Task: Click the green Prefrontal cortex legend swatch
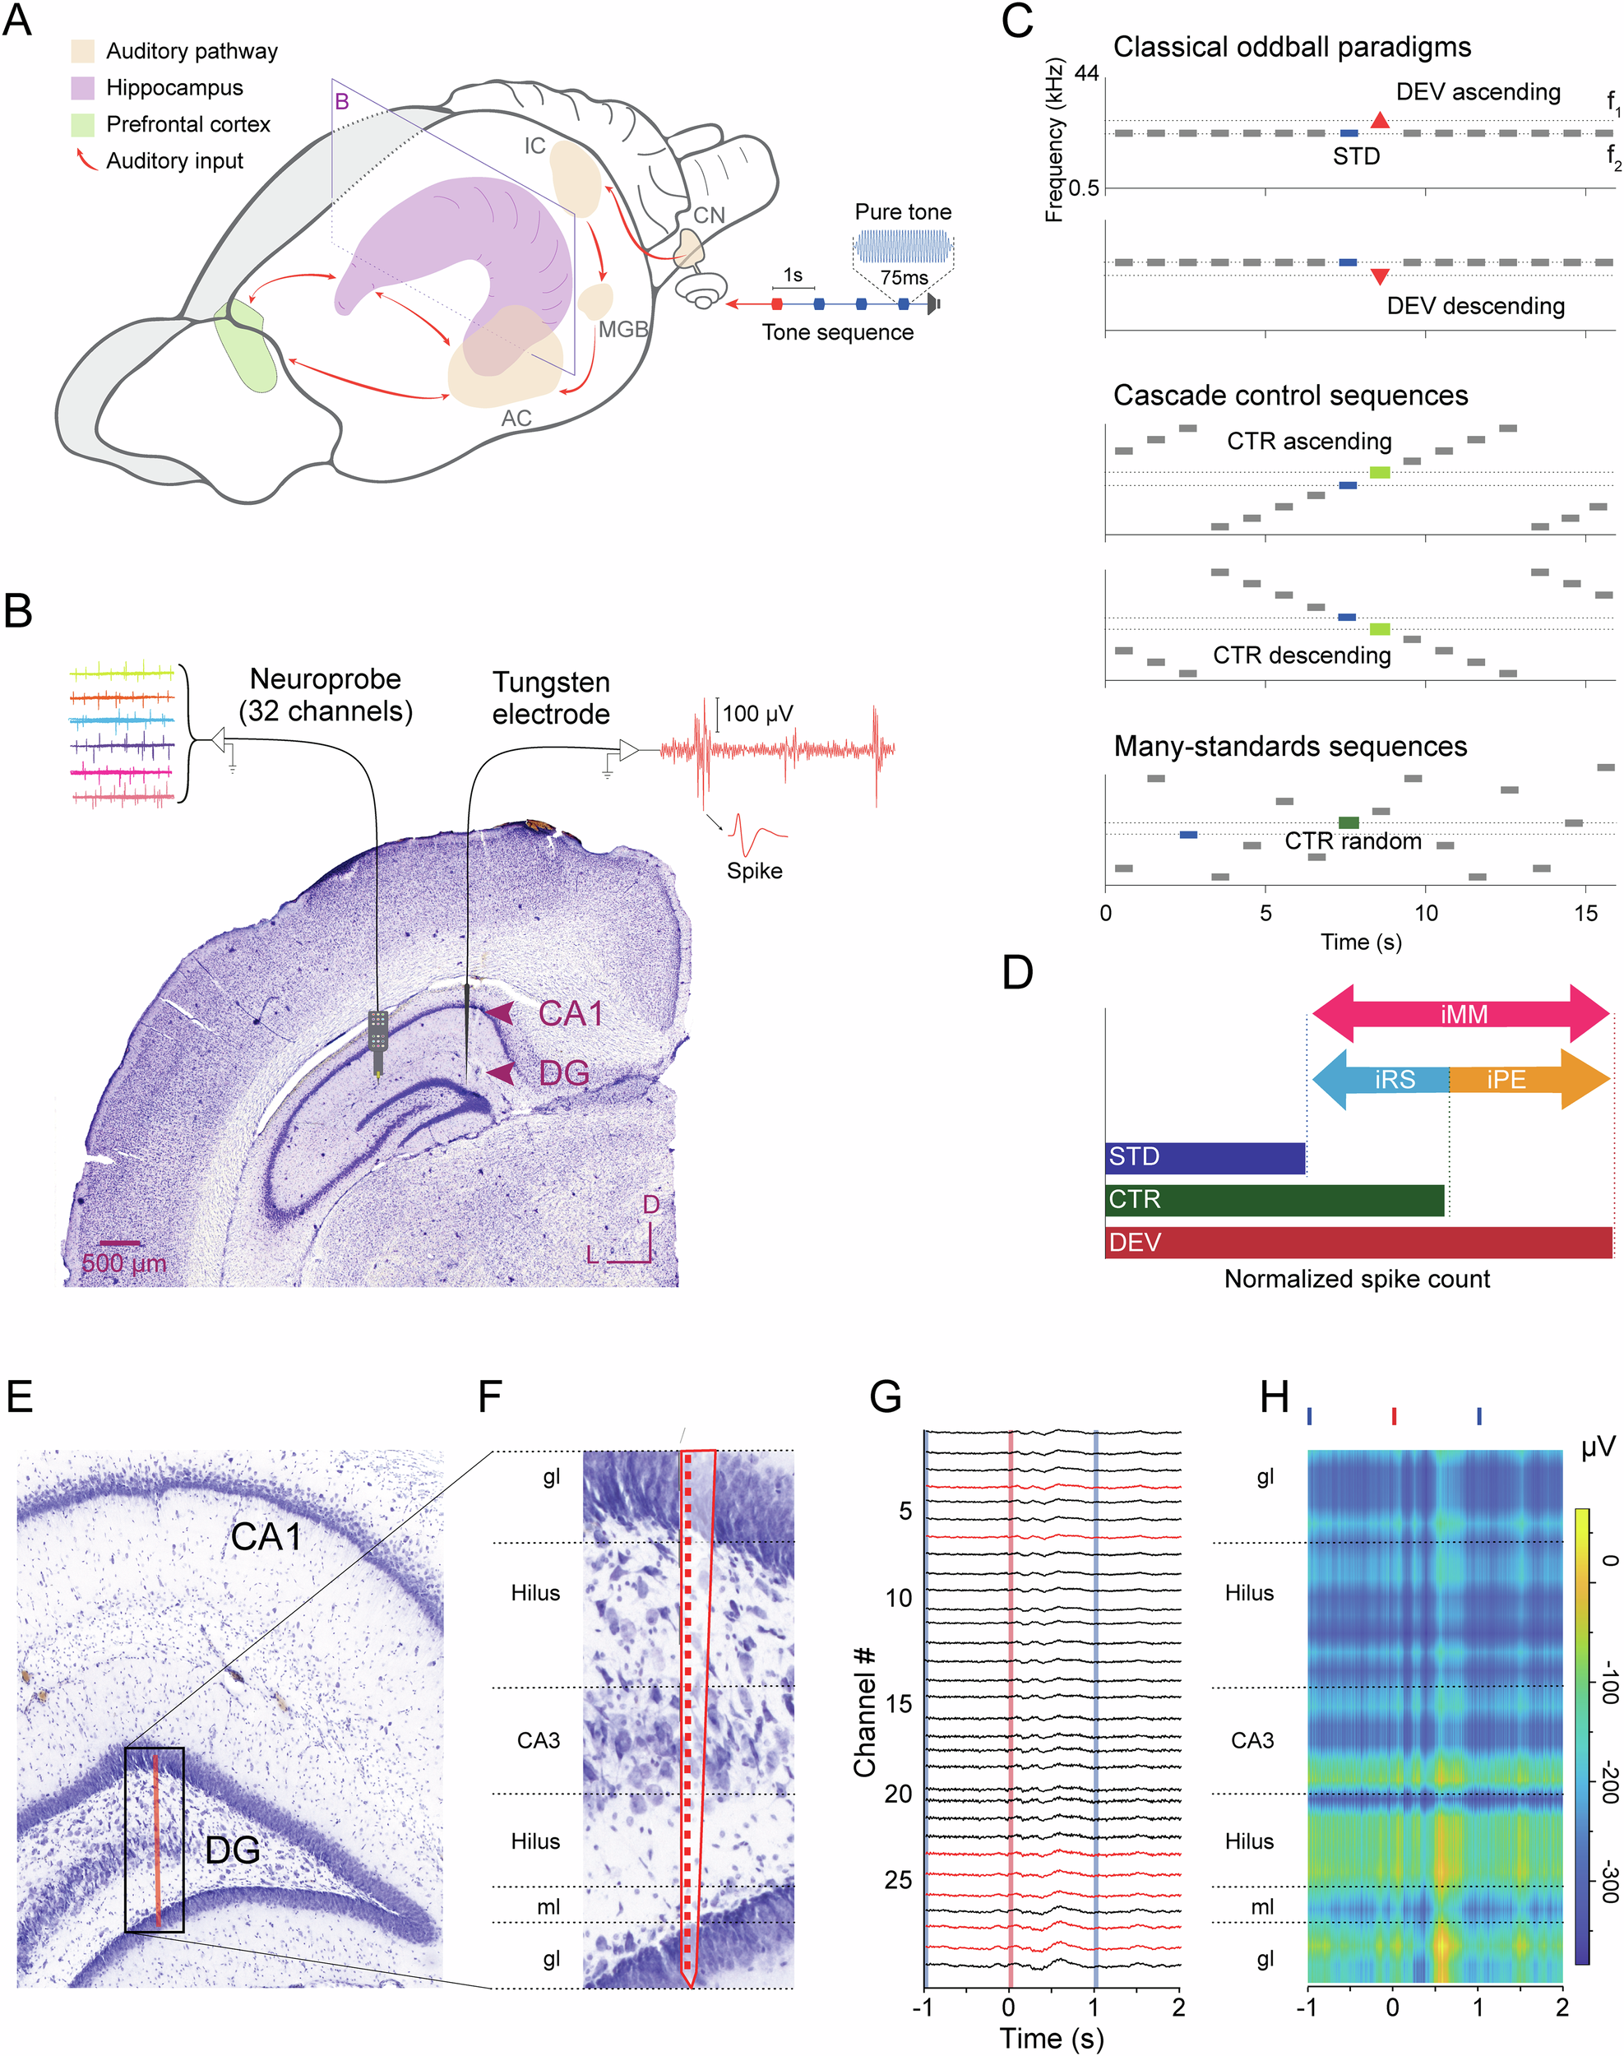coord(83,124)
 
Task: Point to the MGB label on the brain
coord(622,329)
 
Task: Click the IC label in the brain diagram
coord(535,146)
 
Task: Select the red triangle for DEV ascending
coord(1380,121)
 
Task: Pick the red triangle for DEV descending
coord(1380,276)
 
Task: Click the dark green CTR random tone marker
coord(1349,822)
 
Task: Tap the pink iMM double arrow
coord(1461,1014)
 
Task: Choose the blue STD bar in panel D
coord(1205,1157)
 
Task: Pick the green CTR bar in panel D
coord(1274,1200)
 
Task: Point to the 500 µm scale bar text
coord(123,1264)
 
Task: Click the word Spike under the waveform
coord(754,870)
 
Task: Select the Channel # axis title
coord(864,1711)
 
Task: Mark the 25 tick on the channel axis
coord(898,1880)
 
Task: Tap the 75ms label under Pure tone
coord(904,278)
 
